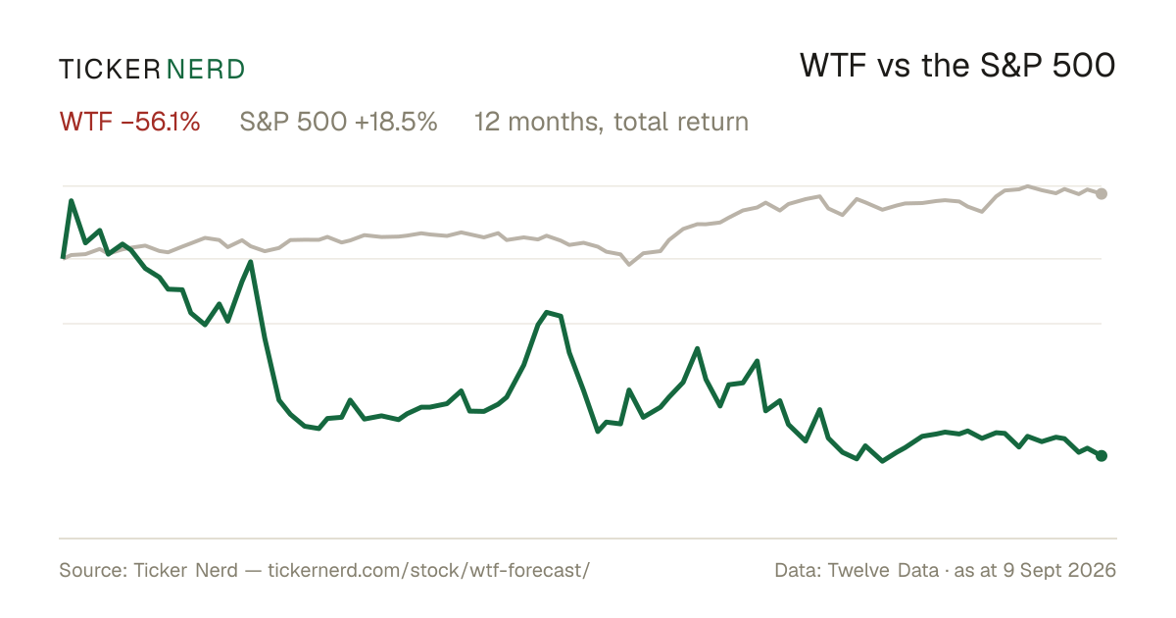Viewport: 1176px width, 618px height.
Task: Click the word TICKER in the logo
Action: tap(110, 70)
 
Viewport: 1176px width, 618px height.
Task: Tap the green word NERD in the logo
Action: tap(205, 70)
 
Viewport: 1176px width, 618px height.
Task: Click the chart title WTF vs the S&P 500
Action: tap(957, 66)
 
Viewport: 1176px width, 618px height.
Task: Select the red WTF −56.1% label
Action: tap(129, 122)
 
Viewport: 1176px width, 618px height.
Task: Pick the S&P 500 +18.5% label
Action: tap(339, 122)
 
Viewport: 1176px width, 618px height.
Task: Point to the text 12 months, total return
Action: tap(612, 122)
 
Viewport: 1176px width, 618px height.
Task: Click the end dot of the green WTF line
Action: tap(1102, 455)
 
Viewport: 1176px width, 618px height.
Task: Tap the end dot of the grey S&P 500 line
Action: tap(1102, 193)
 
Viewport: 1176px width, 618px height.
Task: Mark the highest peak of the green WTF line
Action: tap(71, 201)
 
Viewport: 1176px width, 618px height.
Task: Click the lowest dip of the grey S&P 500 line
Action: tap(629, 264)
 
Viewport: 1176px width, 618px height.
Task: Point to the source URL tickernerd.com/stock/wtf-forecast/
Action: tap(429, 570)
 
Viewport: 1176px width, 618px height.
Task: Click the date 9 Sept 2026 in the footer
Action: tap(1059, 570)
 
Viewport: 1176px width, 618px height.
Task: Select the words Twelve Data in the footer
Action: tap(884, 570)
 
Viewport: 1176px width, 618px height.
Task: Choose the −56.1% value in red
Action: tap(161, 122)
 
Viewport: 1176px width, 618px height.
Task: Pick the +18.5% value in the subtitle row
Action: tap(396, 122)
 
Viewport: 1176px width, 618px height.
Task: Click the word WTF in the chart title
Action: tap(833, 66)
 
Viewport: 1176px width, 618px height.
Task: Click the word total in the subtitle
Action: tap(639, 122)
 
